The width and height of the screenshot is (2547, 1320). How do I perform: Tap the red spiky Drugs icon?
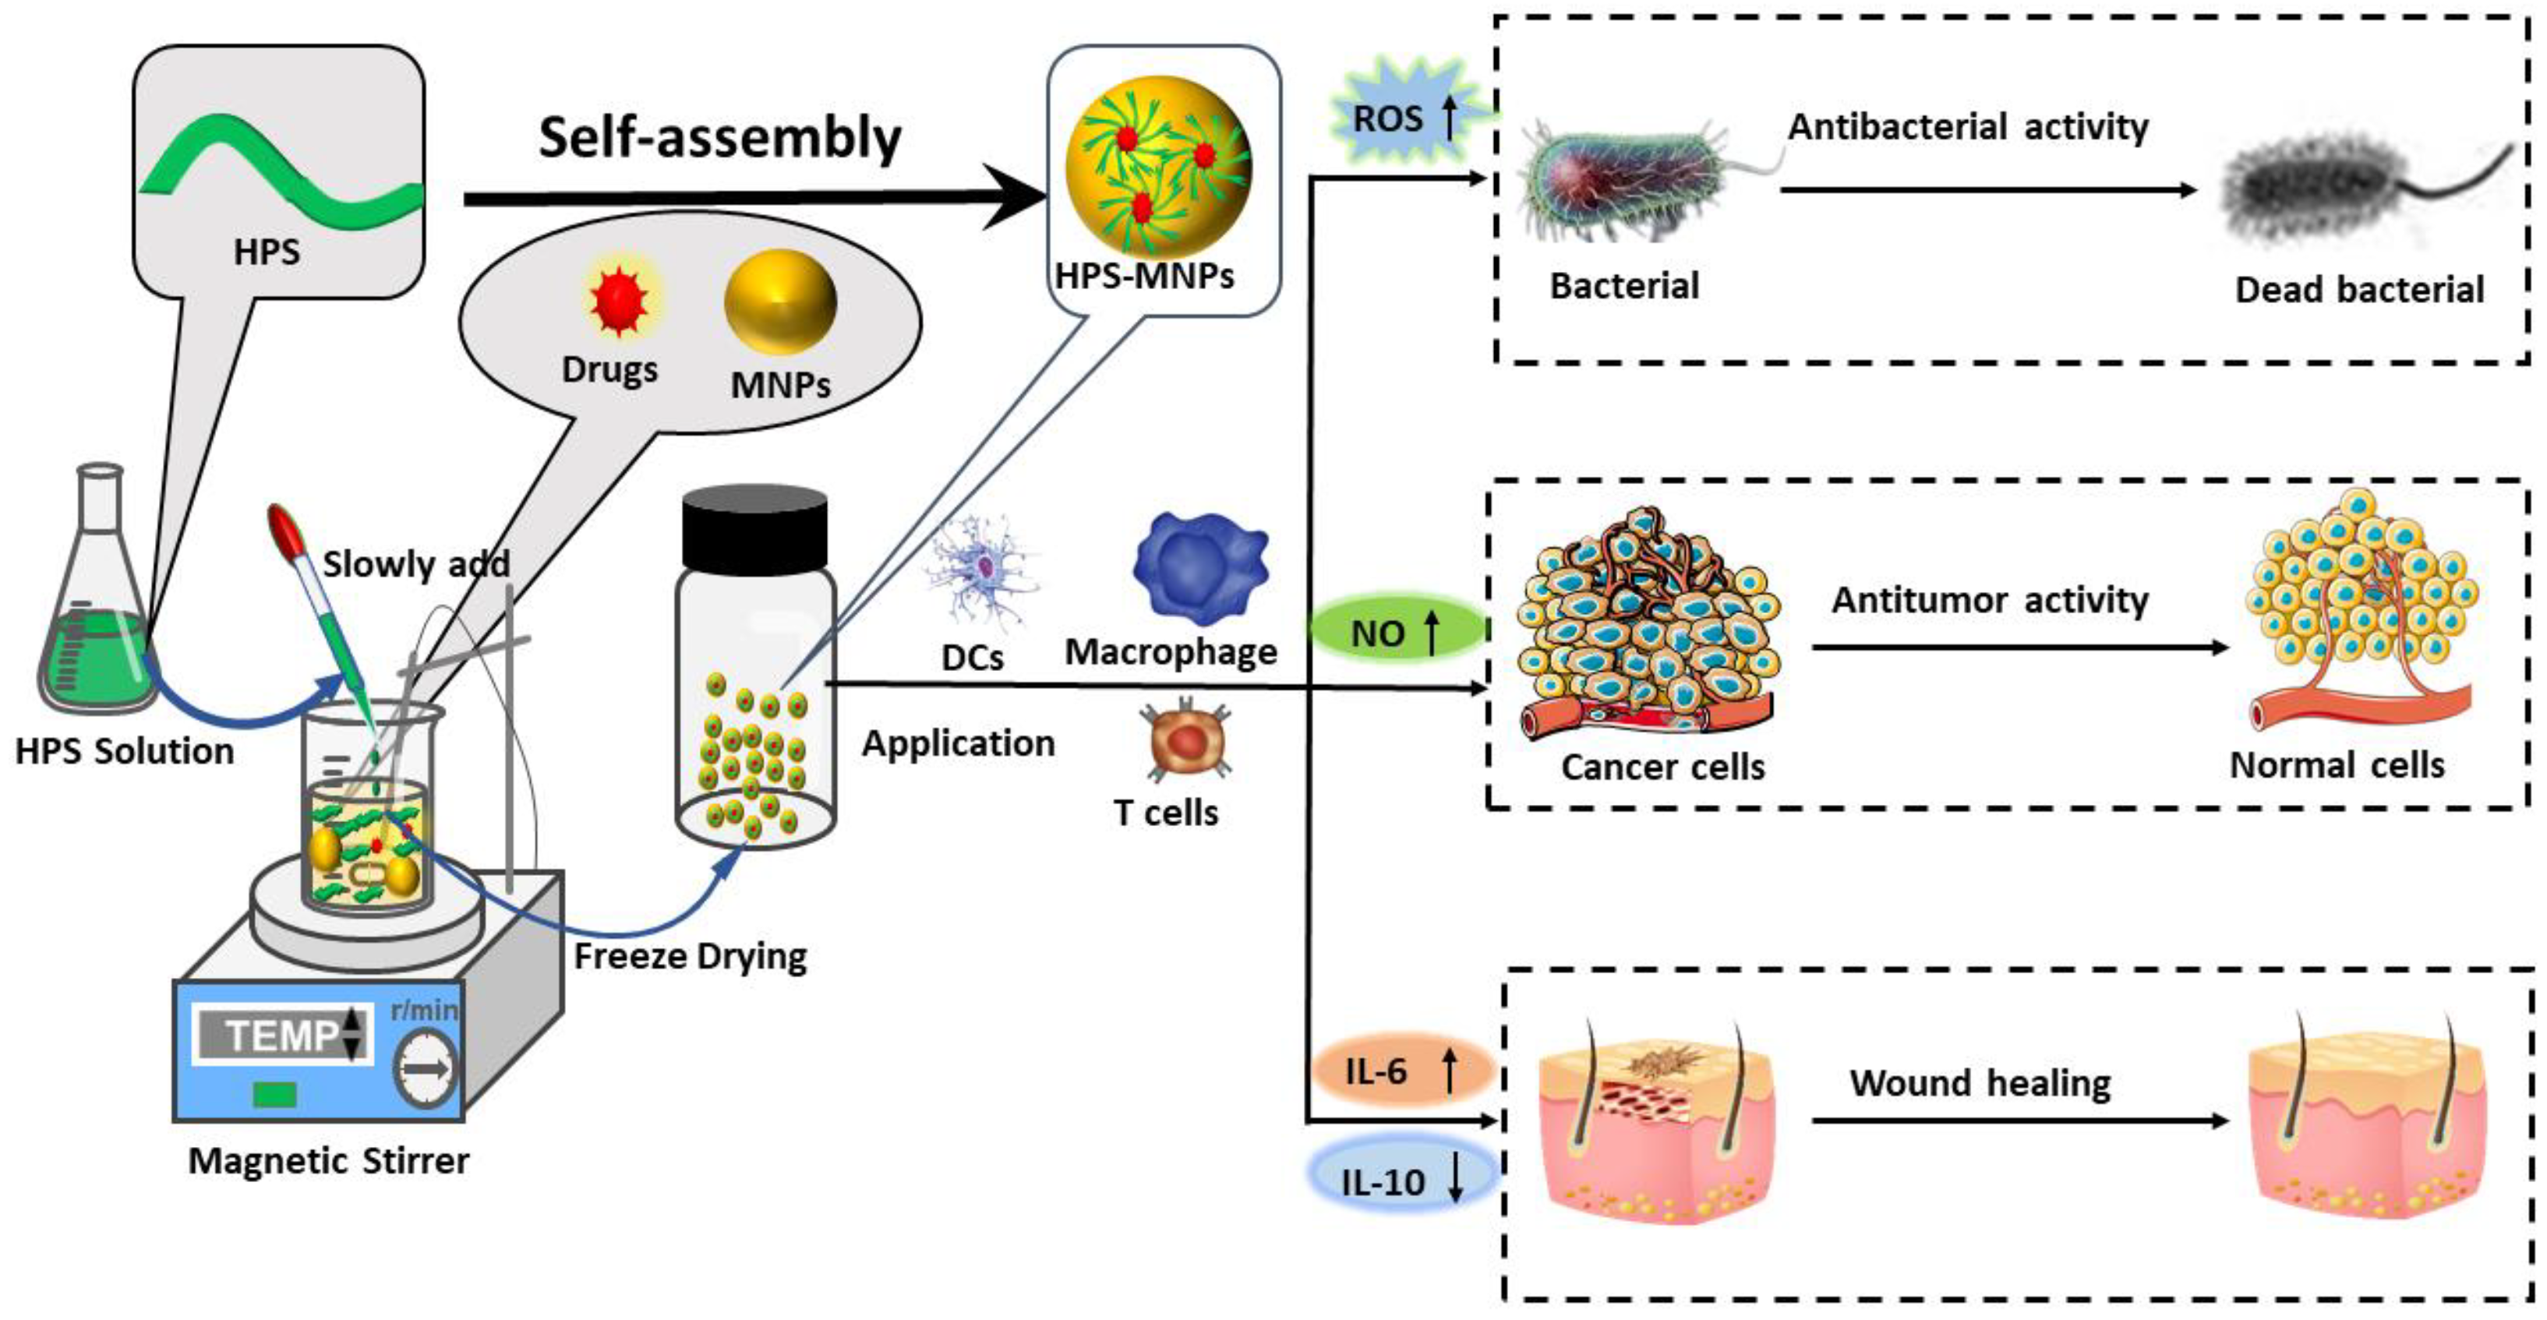click(619, 299)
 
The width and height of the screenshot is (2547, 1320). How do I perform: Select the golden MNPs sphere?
click(780, 302)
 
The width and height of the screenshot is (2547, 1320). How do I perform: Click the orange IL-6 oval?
click(1402, 1070)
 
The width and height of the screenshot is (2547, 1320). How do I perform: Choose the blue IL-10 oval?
click(1402, 1180)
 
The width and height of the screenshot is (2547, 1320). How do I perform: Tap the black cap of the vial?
click(754, 527)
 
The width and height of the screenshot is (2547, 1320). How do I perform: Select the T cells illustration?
click(1186, 739)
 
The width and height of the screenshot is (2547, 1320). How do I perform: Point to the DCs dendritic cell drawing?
click(982, 570)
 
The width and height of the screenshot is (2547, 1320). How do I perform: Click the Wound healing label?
click(1980, 1082)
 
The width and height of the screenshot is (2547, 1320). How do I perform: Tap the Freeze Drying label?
click(691, 956)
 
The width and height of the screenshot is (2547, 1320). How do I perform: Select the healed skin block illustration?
click(2367, 1128)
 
